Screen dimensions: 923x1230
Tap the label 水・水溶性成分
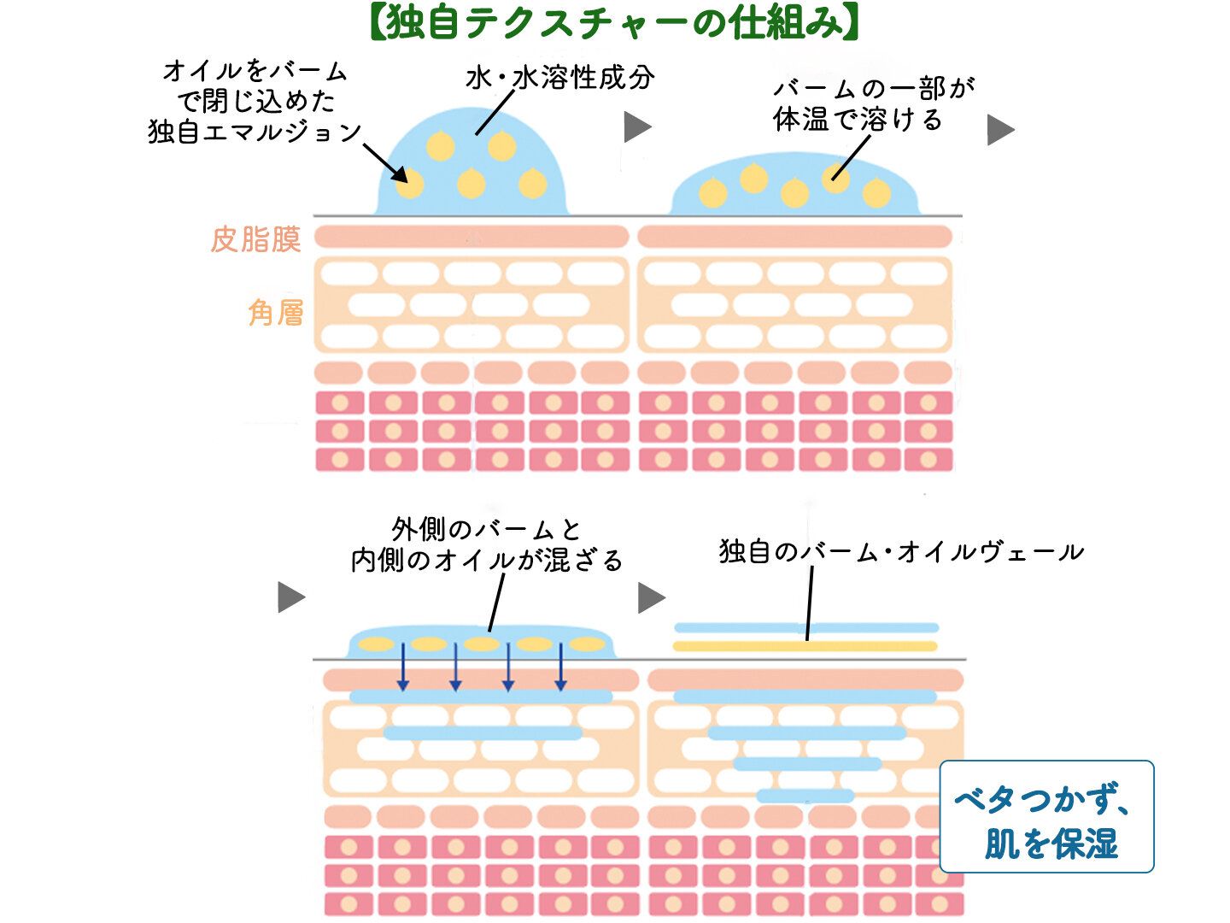click(560, 78)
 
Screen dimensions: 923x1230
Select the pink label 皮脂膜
click(255, 240)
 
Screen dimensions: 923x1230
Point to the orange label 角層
click(275, 313)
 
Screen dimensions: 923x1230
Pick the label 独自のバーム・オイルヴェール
click(901, 551)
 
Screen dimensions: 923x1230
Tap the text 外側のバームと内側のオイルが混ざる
click(487, 544)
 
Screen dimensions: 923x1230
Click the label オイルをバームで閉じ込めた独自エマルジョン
click(255, 101)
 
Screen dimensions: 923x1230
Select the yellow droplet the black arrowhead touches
click(410, 183)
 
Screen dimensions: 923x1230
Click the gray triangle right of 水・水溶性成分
click(637, 127)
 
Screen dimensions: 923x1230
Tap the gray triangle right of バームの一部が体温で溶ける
click(1000, 130)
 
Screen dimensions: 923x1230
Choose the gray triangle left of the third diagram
click(291, 597)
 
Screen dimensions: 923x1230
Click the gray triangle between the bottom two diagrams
click(651, 597)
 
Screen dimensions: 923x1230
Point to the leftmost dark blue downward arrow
click(403, 667)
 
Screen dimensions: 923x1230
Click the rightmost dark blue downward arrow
click(560, 667)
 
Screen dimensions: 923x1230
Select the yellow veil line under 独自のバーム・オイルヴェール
click(805, 646)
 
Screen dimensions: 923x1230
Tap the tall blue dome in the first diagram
click(471, 162)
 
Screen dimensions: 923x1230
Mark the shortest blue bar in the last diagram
click(805, 796)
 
